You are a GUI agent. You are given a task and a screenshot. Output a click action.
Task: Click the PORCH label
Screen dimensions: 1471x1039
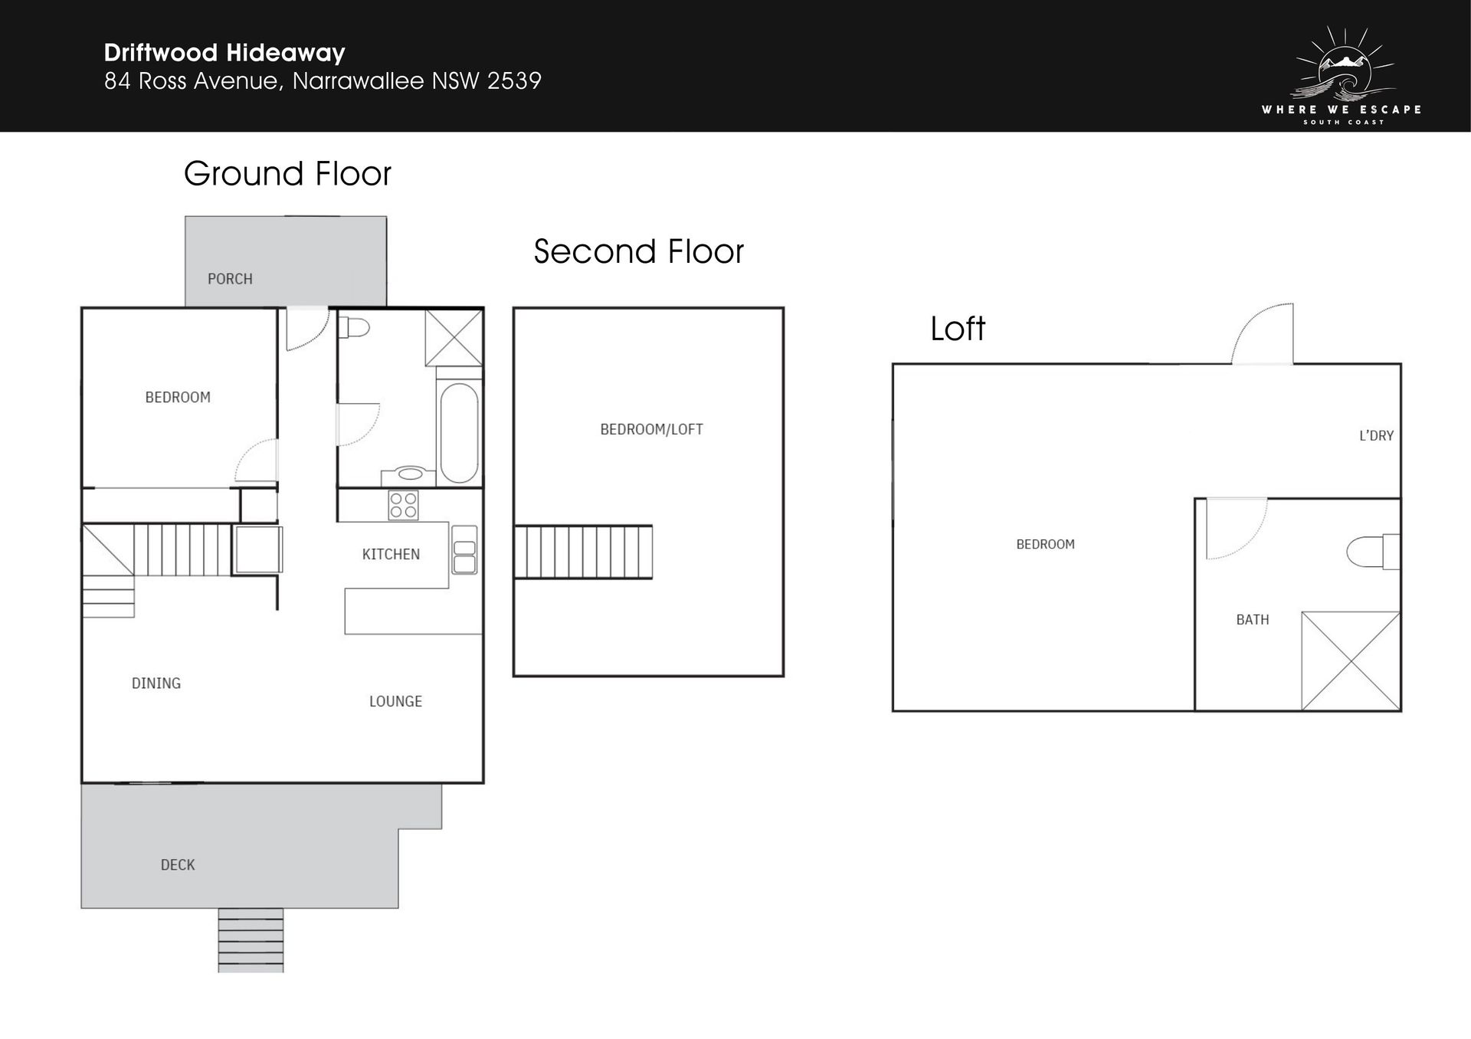coord(230,279)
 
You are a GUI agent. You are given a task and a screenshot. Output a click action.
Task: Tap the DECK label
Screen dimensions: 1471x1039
coord(178,865)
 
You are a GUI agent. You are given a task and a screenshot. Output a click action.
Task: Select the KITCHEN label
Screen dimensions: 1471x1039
coord(391,554)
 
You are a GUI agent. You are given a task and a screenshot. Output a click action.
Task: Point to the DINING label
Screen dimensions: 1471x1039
coord(156,683)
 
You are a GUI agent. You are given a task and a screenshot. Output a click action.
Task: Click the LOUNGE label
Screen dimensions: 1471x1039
coord(395,701)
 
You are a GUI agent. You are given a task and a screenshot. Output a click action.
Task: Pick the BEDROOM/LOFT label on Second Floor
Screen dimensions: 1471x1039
coord(651,429)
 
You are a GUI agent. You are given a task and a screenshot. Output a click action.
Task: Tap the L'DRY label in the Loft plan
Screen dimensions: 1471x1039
coord(1376,435)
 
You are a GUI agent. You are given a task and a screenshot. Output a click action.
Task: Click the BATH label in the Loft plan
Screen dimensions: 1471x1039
coord(1253,619)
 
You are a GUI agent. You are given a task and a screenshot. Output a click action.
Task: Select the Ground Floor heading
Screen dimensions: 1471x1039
coord(287,174)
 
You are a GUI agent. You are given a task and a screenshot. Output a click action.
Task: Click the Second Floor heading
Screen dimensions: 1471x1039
coord(638,251)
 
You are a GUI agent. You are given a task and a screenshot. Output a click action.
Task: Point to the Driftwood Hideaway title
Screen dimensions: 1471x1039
coord(224,53)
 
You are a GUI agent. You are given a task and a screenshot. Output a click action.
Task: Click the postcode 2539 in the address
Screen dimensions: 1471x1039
coord(514,80)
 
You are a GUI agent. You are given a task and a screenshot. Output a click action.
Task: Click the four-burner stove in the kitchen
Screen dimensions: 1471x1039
coord(403,505)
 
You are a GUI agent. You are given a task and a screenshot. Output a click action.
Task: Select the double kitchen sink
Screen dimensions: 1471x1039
coord(464,550)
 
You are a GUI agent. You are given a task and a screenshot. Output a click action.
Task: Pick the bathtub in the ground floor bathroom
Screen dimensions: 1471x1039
coord(459,432)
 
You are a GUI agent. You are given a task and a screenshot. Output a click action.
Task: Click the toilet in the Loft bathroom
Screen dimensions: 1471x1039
coord(1373,552)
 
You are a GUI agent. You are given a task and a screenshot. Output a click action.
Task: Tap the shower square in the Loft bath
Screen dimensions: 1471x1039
coord(1351,660)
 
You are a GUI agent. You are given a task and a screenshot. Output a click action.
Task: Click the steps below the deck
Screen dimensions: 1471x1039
coord(251,940)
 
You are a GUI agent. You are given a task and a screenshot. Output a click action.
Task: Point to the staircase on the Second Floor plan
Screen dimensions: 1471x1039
coord(583,552)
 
